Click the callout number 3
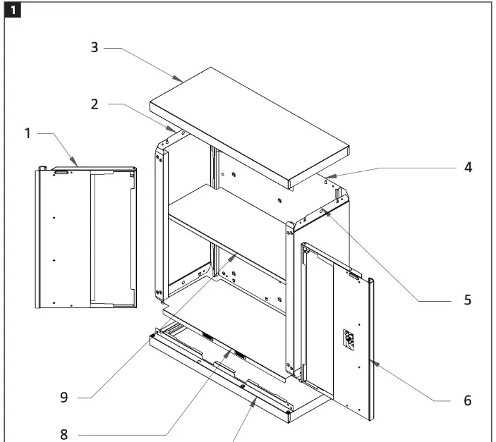95,48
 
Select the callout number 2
94,104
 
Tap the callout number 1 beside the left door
28,133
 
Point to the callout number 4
468,168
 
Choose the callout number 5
467,300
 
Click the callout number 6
467,400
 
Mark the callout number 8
63,433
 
